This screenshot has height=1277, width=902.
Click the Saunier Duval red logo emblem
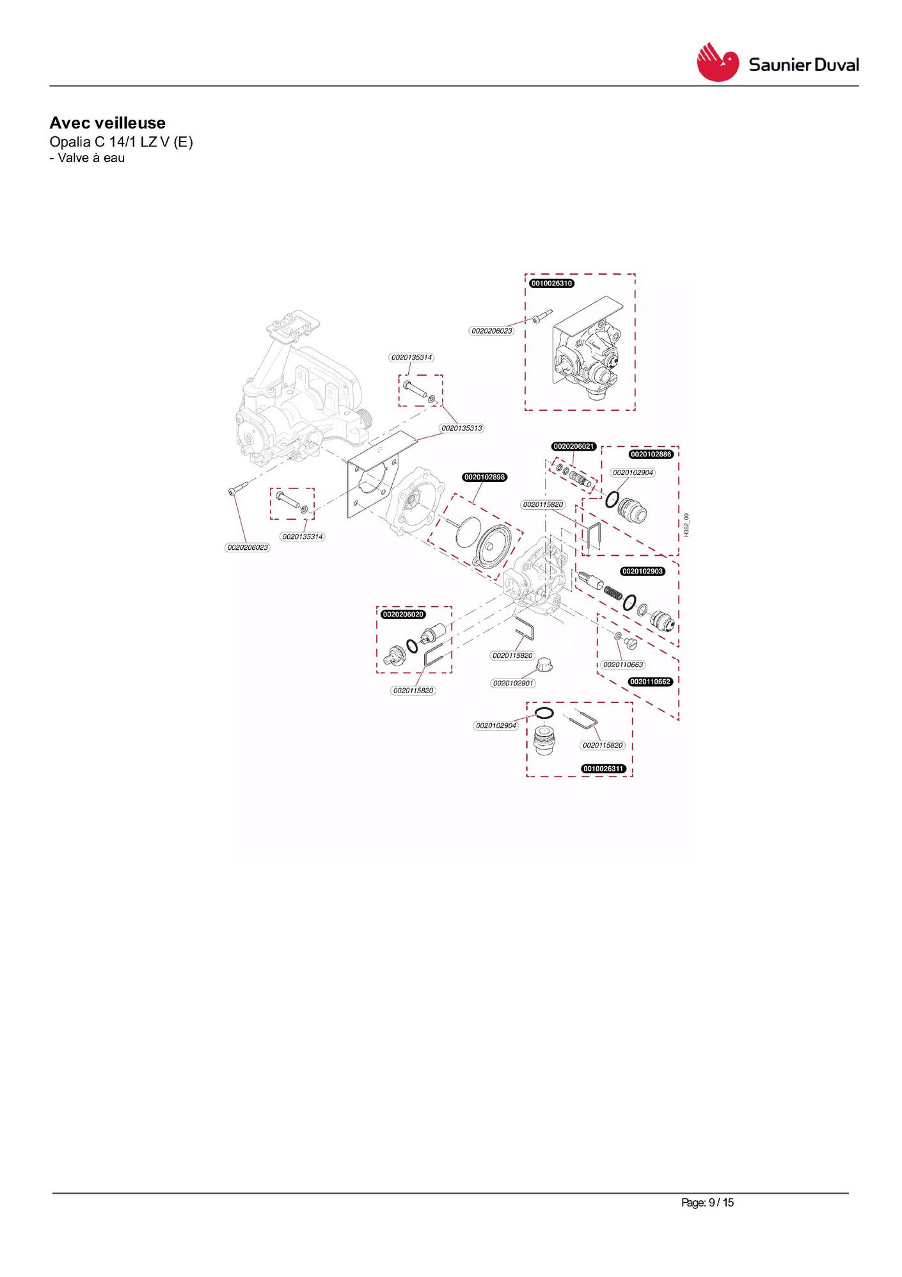(717, 62)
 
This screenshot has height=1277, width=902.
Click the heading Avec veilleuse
(107, 123)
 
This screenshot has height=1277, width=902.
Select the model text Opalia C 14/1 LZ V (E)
(121, 141)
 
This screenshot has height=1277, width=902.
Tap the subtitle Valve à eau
(91, 158)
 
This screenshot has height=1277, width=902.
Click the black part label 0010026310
(551, 283)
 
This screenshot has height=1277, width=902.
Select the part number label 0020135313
(461, 428)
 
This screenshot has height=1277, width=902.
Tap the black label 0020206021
(574, 446)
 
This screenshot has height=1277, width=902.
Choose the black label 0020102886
(651, 454)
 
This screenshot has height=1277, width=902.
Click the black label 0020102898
(484, 477)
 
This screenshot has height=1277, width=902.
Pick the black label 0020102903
(643, 571)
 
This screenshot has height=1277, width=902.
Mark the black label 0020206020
(403, 614)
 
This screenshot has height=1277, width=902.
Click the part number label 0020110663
(623, 664)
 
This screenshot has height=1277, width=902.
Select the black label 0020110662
(651, 682)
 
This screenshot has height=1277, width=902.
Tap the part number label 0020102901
(513, 683)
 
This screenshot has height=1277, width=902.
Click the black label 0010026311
(603, 768)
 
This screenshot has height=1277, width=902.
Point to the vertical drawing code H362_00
(686, 525)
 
